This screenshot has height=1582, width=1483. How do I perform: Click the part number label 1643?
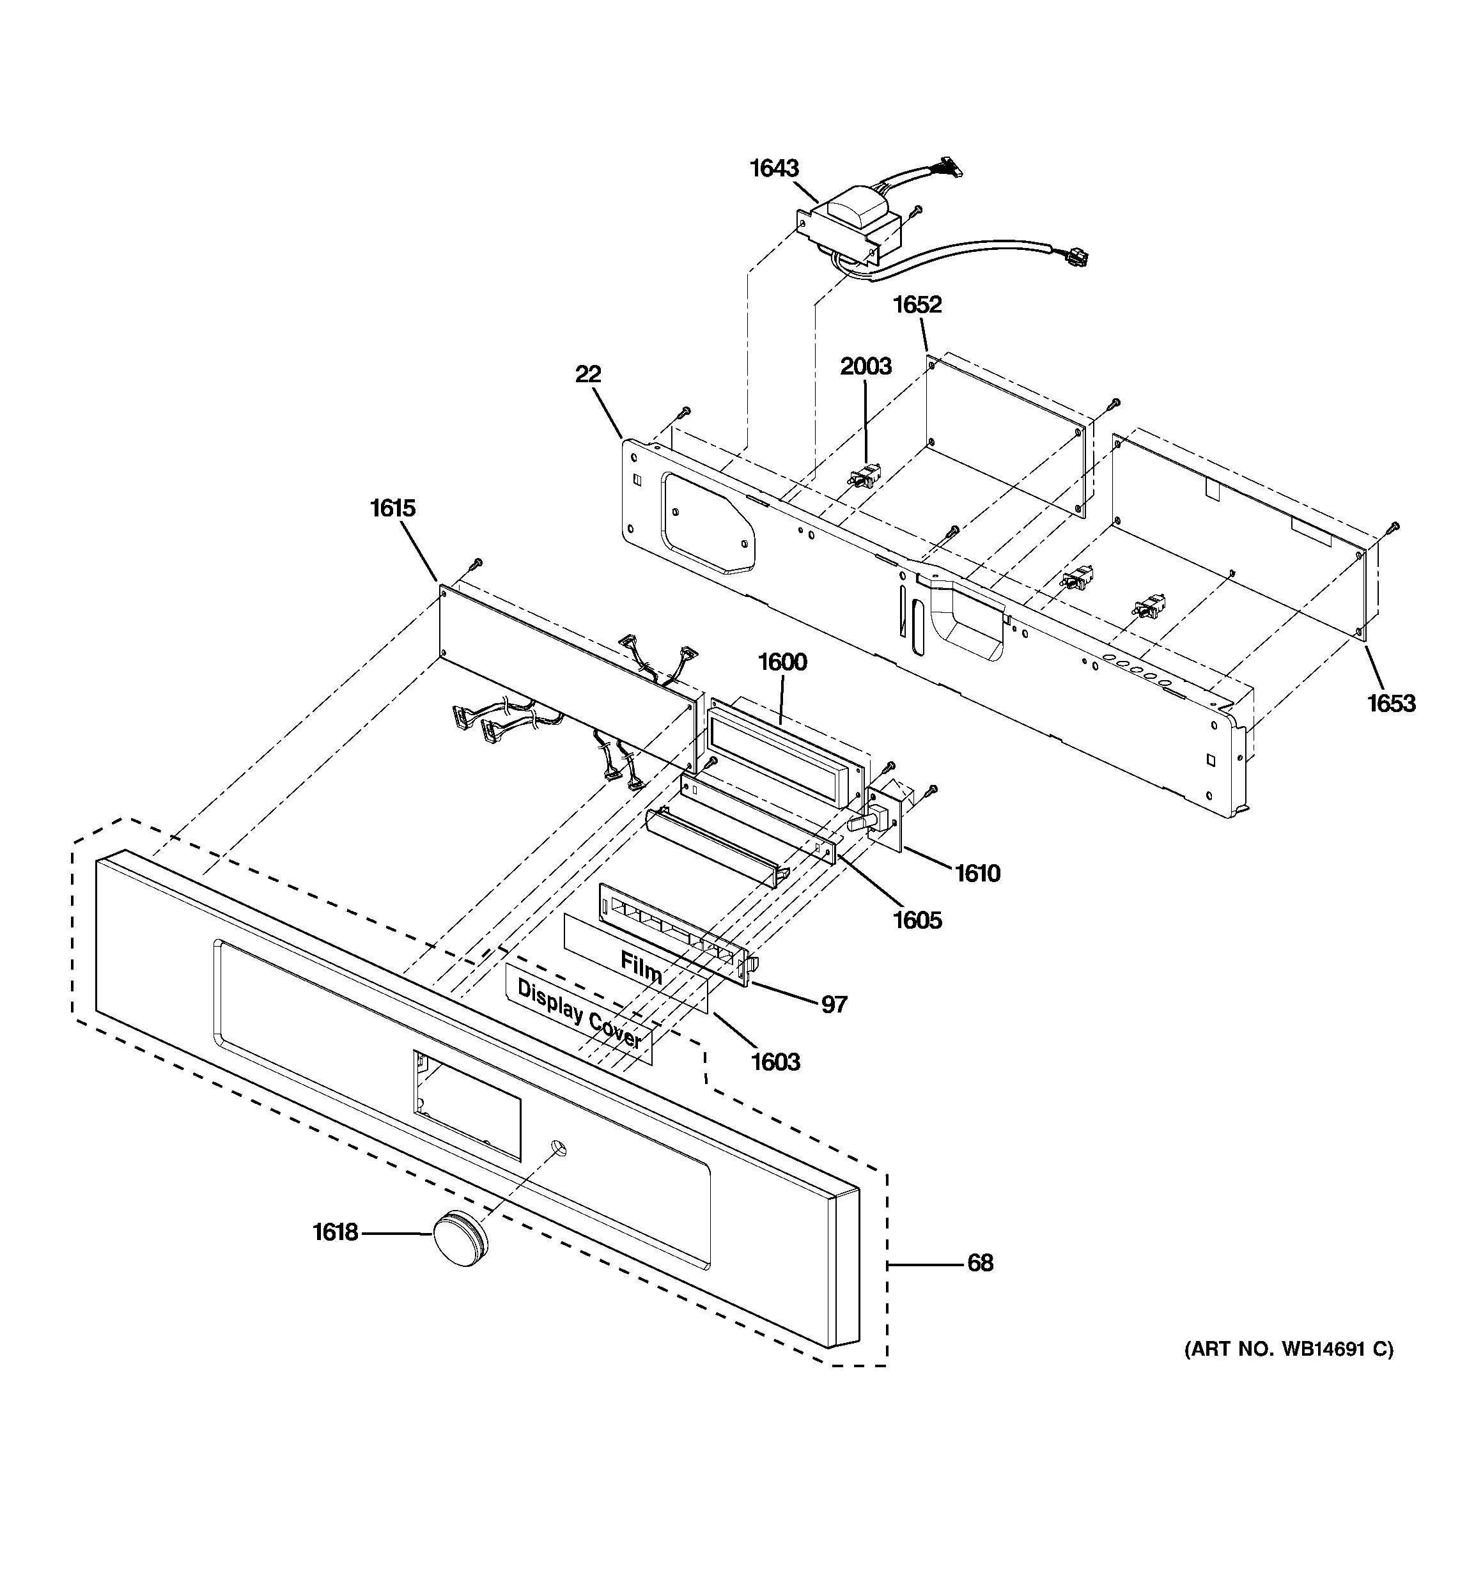coord(773,169)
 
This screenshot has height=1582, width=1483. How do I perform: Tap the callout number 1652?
coord(917,305)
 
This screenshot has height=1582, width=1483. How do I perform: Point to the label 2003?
coord(866,366)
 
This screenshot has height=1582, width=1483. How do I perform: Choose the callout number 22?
coord(588,374)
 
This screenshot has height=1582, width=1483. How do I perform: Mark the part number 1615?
coord(392,509)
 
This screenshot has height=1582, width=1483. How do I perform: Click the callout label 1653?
coord(1392,704)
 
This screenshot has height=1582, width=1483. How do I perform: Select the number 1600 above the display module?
coord(782,662)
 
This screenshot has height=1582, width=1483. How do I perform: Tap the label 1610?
coord(977,874)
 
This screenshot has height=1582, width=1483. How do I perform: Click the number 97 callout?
coord(834,1005)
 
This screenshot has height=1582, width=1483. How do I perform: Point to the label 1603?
coord(775,1062)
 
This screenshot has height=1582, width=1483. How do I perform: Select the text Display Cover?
coord(580,1014)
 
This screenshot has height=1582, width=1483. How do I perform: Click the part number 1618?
coord(335,1232)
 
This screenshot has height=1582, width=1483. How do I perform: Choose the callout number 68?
coord(980,1263)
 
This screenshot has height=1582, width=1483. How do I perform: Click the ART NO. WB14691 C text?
coord(1289,1349)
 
